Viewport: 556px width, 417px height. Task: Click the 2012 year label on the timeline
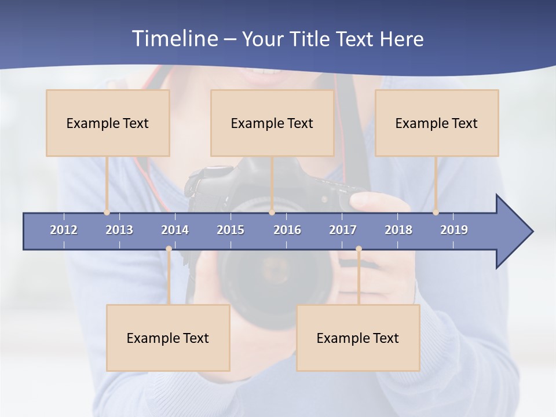coord(64,230)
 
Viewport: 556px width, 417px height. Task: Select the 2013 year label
coord(119,230)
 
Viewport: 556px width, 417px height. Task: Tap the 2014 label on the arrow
coord(175,230)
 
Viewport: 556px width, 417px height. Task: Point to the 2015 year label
coord(231,230)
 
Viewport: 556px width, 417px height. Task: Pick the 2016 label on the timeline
coord(287,230)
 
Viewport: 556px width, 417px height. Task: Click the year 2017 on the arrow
coord(343,230)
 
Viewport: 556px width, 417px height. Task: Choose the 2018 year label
coord(398,230)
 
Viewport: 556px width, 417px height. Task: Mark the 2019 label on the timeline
coord(454,230)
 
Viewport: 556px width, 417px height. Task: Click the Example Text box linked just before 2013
coord(108,123)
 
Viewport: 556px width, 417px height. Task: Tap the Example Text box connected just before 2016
coord(272,123)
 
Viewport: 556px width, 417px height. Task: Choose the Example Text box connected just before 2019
coord(437,123)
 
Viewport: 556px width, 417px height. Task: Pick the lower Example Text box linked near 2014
coord(168,338)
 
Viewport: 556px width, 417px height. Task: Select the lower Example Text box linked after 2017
coord(358,338)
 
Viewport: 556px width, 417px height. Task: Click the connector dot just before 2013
coord(107,213)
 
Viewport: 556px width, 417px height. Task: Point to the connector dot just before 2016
coord(272,213)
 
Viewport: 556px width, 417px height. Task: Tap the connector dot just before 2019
coord(436,213)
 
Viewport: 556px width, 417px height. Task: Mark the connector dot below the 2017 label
coord(359,249)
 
